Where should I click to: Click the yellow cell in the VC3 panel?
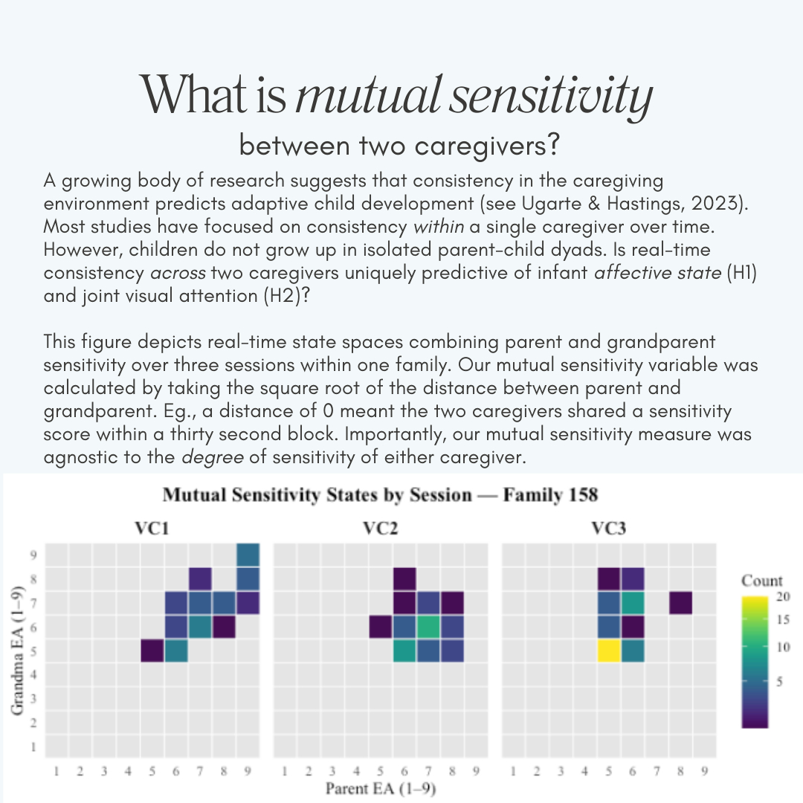[609, 651]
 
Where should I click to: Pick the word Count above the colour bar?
[762, 581]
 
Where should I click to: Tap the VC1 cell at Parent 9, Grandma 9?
[248, 555]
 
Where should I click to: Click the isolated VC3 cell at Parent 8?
[680, 603]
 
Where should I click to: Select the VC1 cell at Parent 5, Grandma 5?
[153, 651]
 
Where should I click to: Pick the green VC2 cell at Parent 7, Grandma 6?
[428, 627]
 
